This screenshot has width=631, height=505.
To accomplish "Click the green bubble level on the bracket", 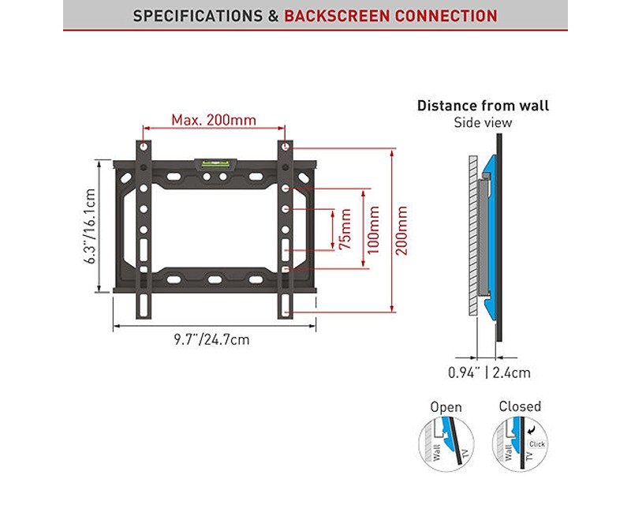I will pos(214,164).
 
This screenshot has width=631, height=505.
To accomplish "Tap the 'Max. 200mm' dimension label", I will pos(214,120).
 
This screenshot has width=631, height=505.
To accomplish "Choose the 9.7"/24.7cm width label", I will pos(212,339).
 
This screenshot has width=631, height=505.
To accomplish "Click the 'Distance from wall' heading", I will pos(483,106).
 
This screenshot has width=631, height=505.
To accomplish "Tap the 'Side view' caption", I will pos(483,123).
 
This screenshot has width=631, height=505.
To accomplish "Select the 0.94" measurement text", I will pos(464,372).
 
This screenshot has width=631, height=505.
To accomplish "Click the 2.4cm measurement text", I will pos(511,372).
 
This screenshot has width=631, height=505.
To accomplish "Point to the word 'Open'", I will pos(446,407).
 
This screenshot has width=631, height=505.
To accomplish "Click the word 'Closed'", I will pos(520,406).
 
